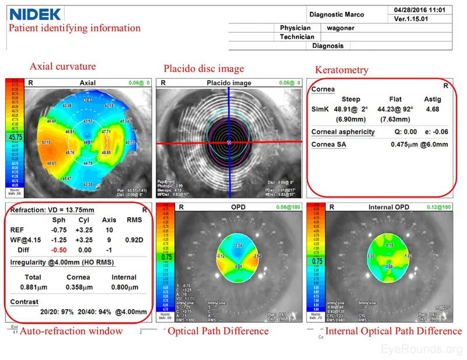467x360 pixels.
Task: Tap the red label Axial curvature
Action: (62, 66)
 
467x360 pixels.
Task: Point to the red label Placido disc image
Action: (204, 69)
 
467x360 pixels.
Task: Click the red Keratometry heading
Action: (341, 70)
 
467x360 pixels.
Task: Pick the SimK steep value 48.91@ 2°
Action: (350, 109)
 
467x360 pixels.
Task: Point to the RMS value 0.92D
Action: (130, 239)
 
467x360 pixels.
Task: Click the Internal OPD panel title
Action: (388, 207)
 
